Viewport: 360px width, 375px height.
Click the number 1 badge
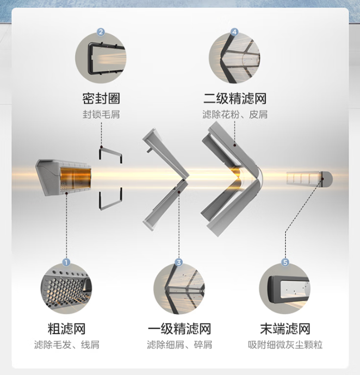(66, 262)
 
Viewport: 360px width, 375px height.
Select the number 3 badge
(178, 262)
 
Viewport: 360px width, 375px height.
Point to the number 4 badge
(234, 32)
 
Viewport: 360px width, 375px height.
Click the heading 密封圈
(101, 99)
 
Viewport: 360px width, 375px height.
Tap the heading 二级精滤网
(234, 99)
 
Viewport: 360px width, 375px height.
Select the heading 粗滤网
(66, 329)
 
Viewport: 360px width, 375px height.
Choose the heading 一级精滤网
(179, 329)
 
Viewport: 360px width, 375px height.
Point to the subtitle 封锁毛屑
(101, 115)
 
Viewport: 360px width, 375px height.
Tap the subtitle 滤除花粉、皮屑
(234, 115)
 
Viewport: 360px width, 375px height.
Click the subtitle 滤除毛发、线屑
(66, 345)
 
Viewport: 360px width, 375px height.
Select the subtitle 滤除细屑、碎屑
(179, 345)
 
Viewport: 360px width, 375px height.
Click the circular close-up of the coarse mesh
(66, 288)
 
